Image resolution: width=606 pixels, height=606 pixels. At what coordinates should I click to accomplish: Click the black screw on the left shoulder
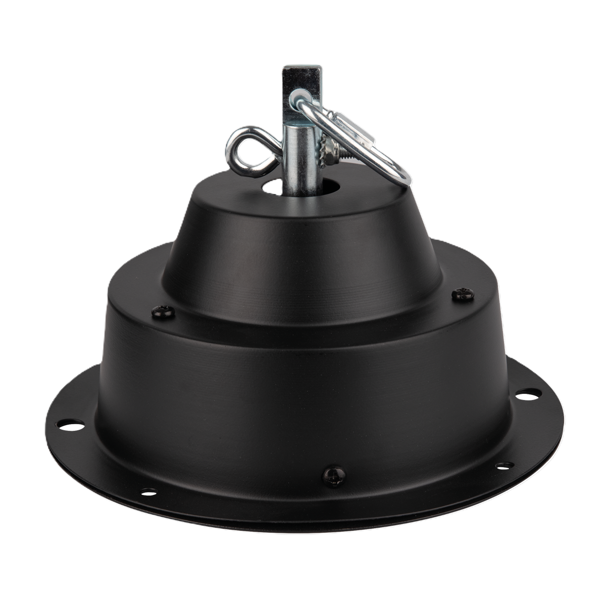coord(163,313)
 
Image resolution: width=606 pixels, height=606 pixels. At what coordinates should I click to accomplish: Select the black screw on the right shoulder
coord(463,294)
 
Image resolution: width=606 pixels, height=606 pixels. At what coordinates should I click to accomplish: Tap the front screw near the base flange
coord(334,475)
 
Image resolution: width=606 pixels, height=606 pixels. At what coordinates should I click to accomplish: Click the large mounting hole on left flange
coord(72,425)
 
